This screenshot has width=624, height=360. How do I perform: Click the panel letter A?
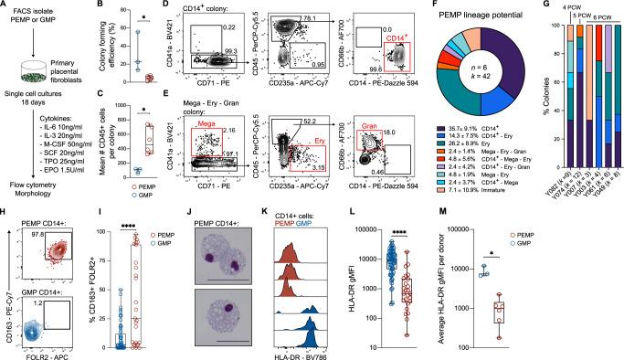click(5, 7)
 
